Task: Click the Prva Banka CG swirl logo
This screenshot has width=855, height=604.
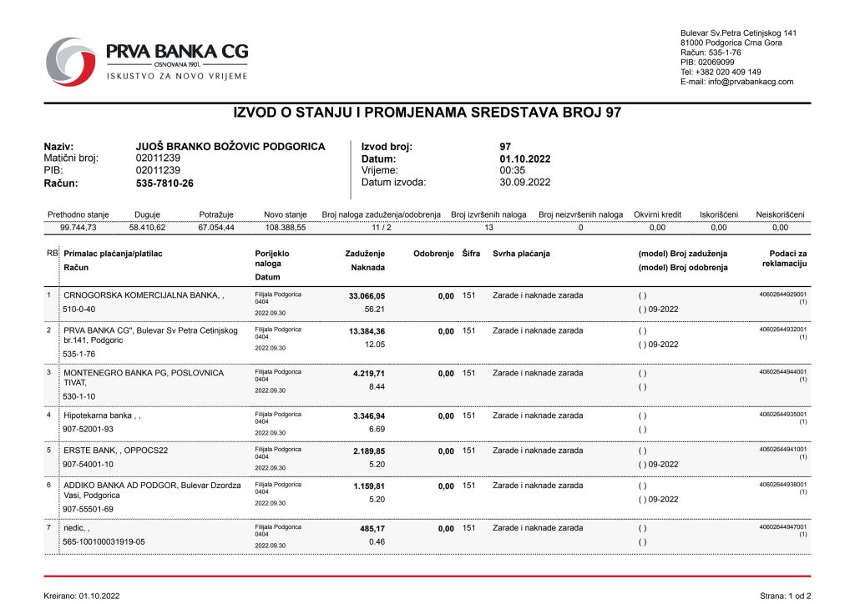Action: tap(71, 61)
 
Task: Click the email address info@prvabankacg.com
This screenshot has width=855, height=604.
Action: tap(749, 82)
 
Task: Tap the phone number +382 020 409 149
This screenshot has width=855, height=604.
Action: tap(731, 72)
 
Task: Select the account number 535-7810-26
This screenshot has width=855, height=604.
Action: tap(164, 183)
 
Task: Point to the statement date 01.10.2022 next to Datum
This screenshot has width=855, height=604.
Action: tap(525, 159)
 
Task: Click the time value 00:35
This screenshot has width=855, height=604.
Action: tap(511, 170)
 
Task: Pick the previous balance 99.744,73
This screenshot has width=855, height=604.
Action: tap(78, 227)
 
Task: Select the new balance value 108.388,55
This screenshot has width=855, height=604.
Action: tap(286, 227)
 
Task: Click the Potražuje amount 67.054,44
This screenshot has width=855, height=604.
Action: tap(216, 227)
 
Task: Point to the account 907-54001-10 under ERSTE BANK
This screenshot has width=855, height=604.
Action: tap(89, 464)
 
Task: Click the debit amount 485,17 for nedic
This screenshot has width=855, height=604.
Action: tap(372, 528)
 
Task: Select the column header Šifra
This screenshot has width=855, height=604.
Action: tap(471, 254)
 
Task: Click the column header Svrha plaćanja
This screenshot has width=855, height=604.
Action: tap(521, 254)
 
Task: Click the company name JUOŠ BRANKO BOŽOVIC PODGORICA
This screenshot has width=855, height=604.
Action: tap(230, 146)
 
